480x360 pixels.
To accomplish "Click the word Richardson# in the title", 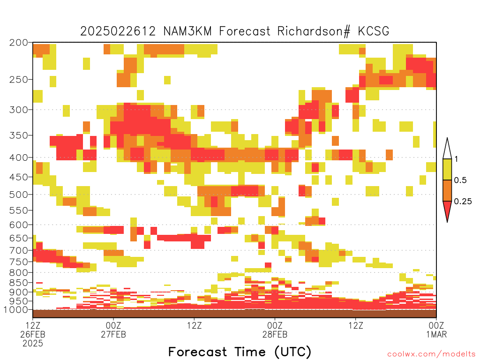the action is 314,31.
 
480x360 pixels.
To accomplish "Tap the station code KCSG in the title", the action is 374,31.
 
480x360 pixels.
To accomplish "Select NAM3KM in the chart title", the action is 187,31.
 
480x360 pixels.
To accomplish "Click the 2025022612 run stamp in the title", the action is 118,31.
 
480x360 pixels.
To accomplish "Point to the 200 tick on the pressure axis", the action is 19,43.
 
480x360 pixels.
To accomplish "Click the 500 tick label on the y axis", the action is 19,195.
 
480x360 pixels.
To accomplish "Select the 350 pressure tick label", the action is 19,135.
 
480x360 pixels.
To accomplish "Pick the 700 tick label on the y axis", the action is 19,251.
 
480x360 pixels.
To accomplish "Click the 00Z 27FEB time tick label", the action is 113,330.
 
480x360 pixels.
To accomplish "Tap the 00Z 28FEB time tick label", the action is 275,330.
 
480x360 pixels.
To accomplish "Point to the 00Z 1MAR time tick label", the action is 436,330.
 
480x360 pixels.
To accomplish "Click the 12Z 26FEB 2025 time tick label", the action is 33,334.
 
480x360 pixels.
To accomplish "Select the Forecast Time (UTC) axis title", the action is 240,352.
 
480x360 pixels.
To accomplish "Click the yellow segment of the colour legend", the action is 447,169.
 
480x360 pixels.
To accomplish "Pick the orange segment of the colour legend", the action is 447,190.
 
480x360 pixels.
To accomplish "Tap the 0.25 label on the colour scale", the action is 463,202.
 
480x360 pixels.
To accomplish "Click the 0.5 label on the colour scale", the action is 460,180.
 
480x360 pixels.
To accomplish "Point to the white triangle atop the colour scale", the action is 447,149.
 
